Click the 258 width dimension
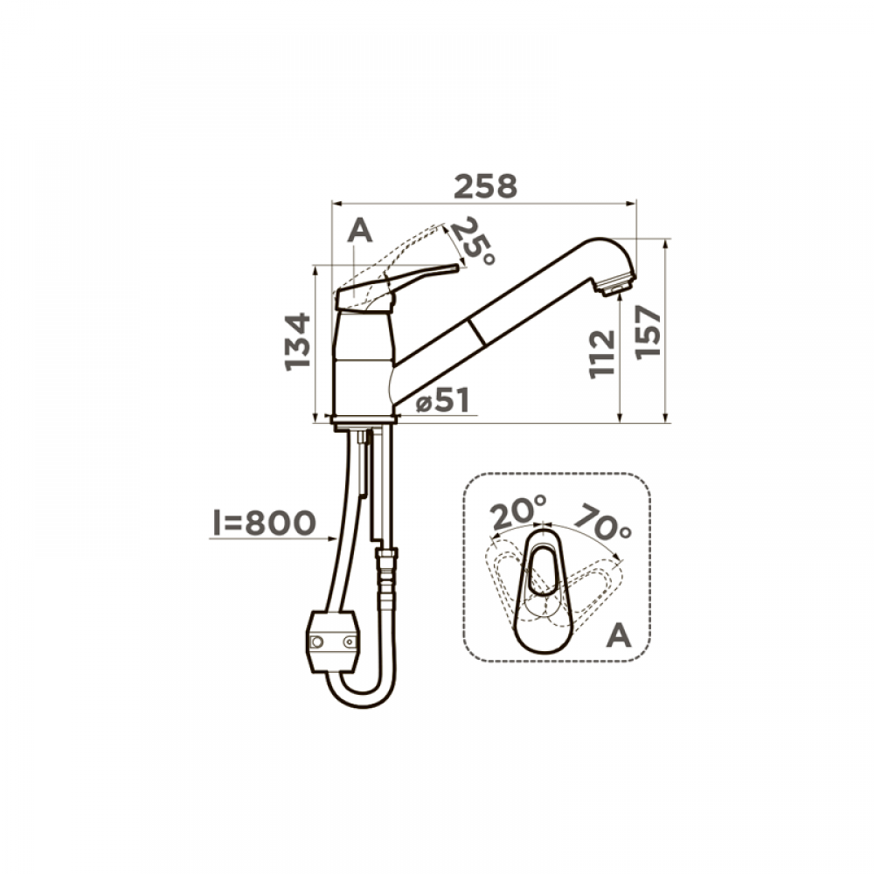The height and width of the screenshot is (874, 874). (x=485, y=187)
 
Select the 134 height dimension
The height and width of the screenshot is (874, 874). (x=297, y=342)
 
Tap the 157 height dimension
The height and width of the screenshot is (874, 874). (x=648, y=332)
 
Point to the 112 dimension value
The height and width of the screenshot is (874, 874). (x=602, y=355)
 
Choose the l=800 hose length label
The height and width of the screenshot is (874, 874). (x=265, y=523)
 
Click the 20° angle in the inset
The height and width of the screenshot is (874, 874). (x=518, y=511)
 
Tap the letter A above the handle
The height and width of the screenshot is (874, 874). (x=359, y=230)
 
